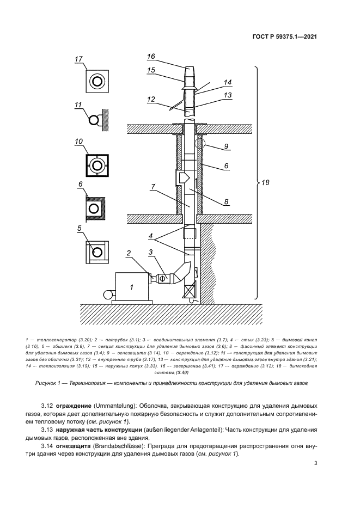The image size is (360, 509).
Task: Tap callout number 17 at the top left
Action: tap(78, 59)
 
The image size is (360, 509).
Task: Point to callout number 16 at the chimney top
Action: tap(151, 56)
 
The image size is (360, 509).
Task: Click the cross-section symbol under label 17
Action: tap(97, 82)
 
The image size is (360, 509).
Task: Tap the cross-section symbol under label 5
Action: tap(97, 252)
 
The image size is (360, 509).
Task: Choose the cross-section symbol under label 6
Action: tap(97, 208)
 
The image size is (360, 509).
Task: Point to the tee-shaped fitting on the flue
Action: tap(182, 177)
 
